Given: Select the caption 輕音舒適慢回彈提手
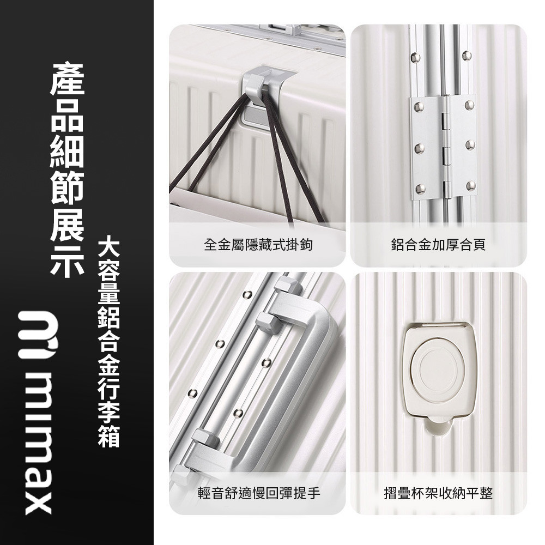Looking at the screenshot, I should [x=258, y=494].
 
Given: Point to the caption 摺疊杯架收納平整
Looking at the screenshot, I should [x=438, y=494].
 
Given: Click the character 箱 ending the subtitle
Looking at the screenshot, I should [x=108, y=436].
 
